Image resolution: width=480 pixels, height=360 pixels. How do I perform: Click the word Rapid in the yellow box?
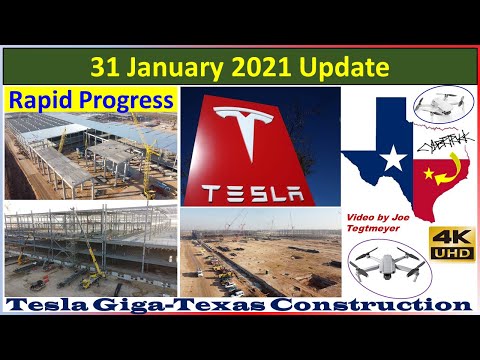tap(41, 99)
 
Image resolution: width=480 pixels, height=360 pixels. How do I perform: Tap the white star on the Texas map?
tap(393, 156)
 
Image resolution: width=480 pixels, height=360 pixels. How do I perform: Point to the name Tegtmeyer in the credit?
tap(377, 235)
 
